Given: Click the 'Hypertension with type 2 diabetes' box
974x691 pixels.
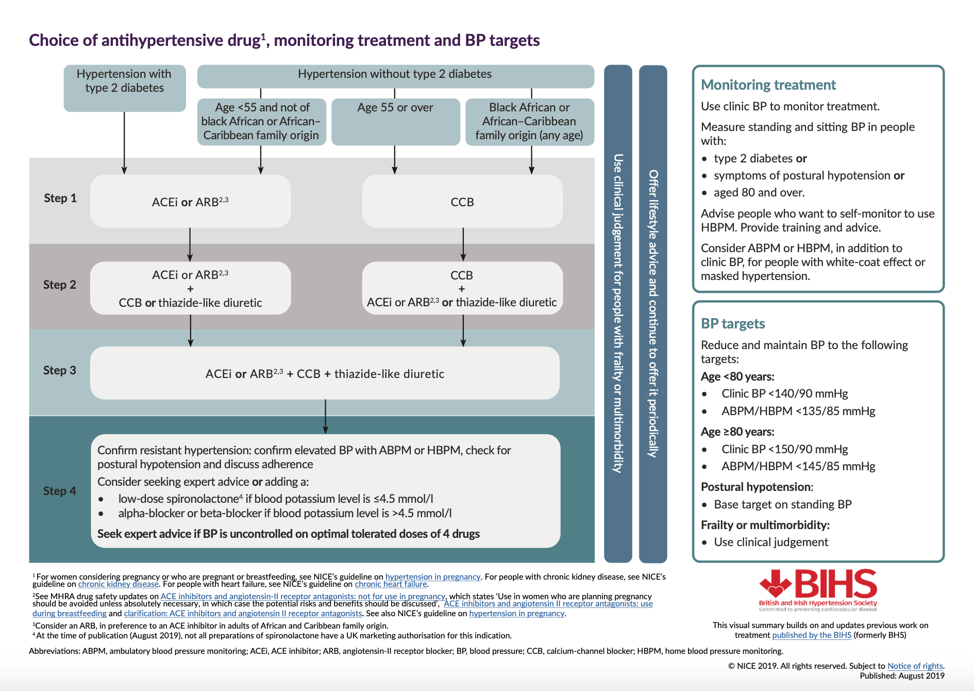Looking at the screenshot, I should (x=124, y=88).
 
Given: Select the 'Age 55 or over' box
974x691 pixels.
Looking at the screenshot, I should (x=395, y=121).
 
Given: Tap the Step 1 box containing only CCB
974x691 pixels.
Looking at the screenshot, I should (x=462, y=202).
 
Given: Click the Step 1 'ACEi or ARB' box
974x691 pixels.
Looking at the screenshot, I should (x=190, y=202).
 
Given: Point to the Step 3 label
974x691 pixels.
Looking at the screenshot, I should (x=59, y=370).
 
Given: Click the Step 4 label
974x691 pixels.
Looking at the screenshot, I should (x=59, y=491).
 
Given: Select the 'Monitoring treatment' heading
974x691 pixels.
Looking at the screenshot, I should (x=768, y=85).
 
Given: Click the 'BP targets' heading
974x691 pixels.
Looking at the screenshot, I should (x=732, y=324).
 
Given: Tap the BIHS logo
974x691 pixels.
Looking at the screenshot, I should (x=818, y=589).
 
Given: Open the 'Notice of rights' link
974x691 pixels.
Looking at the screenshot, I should (x=915, y=666).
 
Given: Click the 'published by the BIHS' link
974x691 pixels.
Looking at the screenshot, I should (x=811, y=635).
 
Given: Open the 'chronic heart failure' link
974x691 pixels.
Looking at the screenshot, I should (x=391, y=584).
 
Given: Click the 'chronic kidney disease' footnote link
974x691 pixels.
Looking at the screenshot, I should (x=118, y=584).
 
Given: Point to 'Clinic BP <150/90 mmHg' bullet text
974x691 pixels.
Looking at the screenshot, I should (x=784, y=449).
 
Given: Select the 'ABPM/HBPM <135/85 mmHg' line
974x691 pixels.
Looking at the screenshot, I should (x=798, y=411).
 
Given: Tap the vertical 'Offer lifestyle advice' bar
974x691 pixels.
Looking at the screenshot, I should (x=653, y=314).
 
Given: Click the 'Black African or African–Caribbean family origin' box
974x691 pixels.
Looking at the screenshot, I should (x=529, y=122).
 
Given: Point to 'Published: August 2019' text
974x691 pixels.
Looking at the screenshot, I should (x=902, y=676).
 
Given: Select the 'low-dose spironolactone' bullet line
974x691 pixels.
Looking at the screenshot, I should (x=275, y=499).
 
